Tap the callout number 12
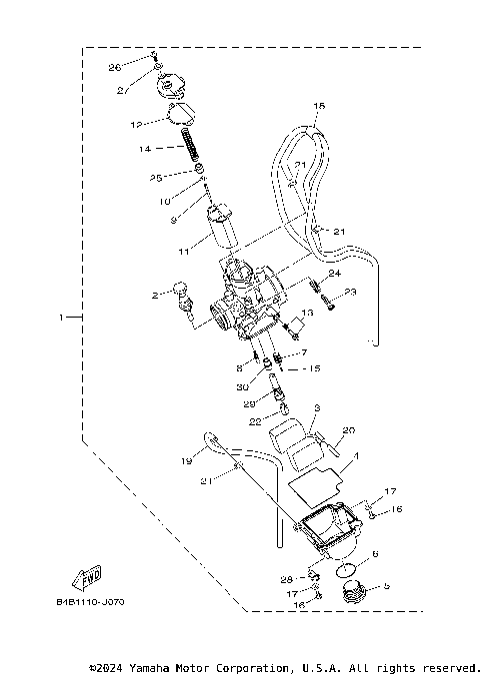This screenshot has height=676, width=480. click(137, 125)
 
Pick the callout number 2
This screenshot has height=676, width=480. click(155, 296)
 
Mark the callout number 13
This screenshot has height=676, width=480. click(308, 313)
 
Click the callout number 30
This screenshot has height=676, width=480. click(243, 387)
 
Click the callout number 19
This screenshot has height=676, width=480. click(188, 461)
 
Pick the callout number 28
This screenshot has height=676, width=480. click(286, 580)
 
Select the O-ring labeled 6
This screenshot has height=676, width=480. click(346, 571)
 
